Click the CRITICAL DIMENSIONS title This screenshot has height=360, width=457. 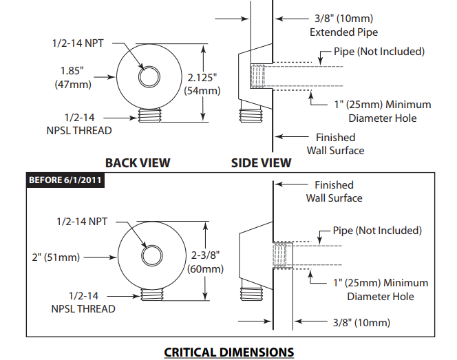click(x=228, y=352)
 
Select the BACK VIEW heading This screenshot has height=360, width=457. click(x=137, y=163)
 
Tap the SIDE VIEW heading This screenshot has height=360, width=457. click(x=260, y=163)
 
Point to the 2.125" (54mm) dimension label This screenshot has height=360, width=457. click(x=202, y=83)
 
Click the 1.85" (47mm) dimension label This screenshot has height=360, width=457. click(x=72, y=77)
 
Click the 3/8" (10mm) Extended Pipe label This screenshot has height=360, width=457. click(x=343, y=25)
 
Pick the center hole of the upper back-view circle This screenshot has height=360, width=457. click(x=147, y=77)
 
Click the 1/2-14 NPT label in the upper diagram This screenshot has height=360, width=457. click(x=78, y=43)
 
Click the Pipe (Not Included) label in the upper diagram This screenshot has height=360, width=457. click(x=379, y=52)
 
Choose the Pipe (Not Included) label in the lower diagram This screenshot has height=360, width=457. click(x=377, y=231)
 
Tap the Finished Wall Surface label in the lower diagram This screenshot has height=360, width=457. click(x=334, y=191)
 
